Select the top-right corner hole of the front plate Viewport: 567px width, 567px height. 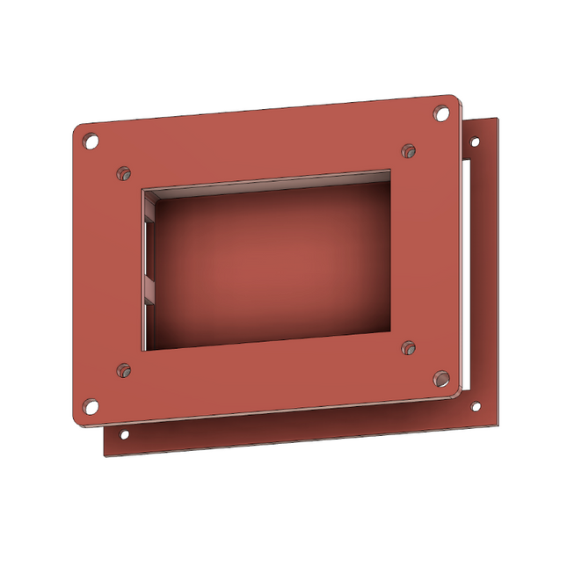[441, 113]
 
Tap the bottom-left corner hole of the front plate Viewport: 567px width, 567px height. [91, 405]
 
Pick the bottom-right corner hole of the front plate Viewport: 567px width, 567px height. [441, 379]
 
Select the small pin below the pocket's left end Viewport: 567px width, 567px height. [124, 370]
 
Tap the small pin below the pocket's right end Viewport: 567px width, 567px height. [408, 349]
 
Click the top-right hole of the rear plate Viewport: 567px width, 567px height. [476, 141]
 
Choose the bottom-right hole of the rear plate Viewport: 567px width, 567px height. [476, 406]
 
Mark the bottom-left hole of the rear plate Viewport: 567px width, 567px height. [124, 434]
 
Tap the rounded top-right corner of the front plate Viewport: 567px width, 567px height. [454, 98]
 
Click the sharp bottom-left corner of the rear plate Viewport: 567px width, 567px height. [105, 455]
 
